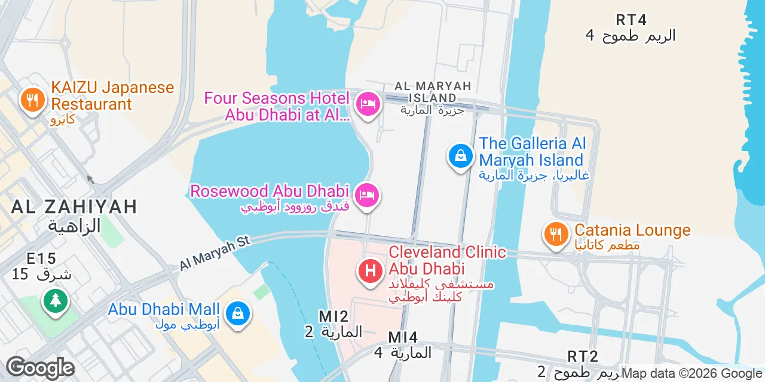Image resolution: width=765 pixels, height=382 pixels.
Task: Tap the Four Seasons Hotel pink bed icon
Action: [x=368, y=104]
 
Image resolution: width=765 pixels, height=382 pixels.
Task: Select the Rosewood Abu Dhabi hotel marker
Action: [x=368, y=196]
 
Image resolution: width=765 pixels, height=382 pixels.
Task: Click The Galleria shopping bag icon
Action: [x=461, y=156]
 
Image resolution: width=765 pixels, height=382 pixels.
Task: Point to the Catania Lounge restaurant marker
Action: [x=556, y=234]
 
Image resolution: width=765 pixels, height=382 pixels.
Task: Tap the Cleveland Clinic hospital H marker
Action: [x=371, y=272]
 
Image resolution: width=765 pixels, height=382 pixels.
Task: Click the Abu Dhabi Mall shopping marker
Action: [x=238, y=313]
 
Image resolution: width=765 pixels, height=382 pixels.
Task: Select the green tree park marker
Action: [x=56, y=300]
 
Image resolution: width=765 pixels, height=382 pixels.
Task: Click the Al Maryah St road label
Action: [x=215, y=252]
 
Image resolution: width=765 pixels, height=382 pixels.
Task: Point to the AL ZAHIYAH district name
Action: [x=74, y=207]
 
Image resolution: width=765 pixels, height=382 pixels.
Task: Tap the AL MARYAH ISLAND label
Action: [x=433, y=91]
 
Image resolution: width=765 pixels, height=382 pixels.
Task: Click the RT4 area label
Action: [x=631, y=20]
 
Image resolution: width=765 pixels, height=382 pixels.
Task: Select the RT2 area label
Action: [x=582, y=356]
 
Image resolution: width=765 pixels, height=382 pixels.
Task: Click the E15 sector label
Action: [x=41, y=258]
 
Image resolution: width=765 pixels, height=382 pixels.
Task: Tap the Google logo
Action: [x=40, y=368]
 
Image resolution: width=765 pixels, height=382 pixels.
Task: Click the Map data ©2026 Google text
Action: [x=691, y=374]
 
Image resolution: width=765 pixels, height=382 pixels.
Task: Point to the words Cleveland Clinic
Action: [x=447, y=252]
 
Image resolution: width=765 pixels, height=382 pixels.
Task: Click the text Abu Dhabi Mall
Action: [x=163, y=310]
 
